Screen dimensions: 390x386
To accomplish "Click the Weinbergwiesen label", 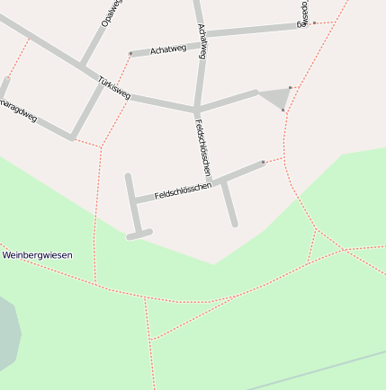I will (x=37, y=255).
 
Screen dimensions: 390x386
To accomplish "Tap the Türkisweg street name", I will (x=114, y=87).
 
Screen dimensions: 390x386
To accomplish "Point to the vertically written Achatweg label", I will (x=202, y=40).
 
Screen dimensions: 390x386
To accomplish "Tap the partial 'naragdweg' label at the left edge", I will (x=18, y=112).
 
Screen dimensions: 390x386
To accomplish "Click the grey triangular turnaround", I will (x=274, y=97).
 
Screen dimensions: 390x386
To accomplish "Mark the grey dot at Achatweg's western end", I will (x=130, y=54).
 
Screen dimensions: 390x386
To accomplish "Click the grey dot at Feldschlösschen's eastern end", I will (x=263, y=163).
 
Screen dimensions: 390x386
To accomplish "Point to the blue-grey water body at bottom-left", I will (x=7, y=332).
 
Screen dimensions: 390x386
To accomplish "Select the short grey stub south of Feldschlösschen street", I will (x=229, y=203).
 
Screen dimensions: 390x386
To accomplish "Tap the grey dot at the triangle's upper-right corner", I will (x=290, y=87).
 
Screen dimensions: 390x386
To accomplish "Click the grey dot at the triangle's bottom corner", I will (x=283, y=111).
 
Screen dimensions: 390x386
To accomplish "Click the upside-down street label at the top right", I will (x=304, y=13).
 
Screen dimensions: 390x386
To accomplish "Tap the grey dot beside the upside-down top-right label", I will (x=314, y=22).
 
